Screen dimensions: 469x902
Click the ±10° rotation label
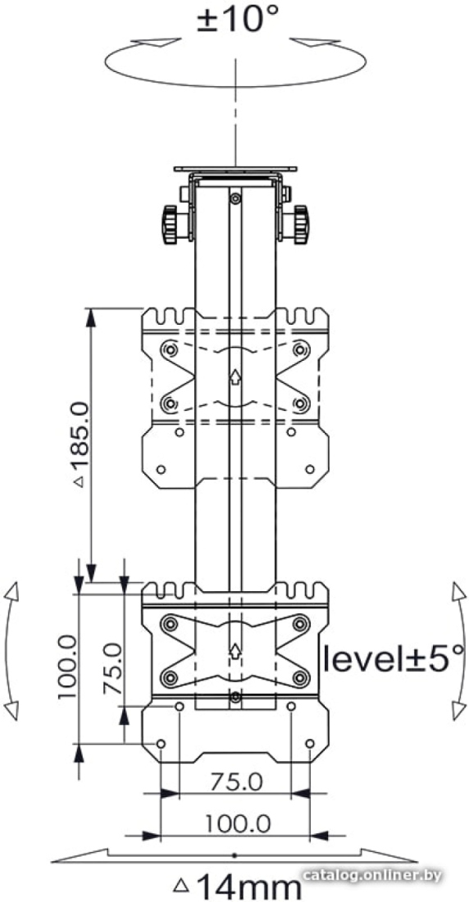click(x=237, y=19)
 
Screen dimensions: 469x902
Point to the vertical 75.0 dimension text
click(x=113, y=669)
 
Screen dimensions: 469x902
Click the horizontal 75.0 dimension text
click(x=236, y=782)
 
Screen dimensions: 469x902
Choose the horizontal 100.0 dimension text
click(x=238, y=825)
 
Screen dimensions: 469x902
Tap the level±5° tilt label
click(x=393, y=658)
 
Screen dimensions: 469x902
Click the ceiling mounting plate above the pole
click(x=235, y=169)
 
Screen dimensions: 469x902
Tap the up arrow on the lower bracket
click(x=234, y=651)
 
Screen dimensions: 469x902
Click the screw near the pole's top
click(x=234, y=198)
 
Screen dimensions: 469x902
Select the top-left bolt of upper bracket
click(x=169, y=349)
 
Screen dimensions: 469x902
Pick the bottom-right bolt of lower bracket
click(x=300, y=677)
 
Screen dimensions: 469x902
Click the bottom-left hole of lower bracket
click(x=161, y=744)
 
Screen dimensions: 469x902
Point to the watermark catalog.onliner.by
click(x=373, y=876)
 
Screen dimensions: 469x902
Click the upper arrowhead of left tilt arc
click(x=12, y=593)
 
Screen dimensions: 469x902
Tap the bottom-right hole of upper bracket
click(x=310, y=469)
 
